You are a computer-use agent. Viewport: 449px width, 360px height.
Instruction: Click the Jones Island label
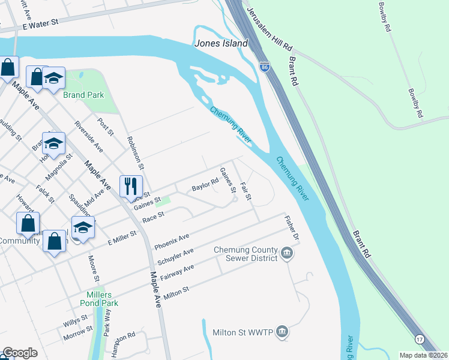click(221, 44)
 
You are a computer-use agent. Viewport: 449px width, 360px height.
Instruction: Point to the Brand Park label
click(85, 95)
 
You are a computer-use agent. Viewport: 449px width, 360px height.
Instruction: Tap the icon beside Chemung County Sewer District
click(287, 254)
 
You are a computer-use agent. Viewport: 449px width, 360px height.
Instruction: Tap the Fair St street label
click(246, 193)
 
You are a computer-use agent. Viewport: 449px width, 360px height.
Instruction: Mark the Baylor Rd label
click(205, 187)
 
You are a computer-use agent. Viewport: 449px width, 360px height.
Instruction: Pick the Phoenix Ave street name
click(172, 242)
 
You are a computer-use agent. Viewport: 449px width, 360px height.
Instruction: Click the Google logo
click(20, 353)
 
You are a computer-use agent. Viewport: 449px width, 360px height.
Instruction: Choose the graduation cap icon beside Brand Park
click(53, 79)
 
